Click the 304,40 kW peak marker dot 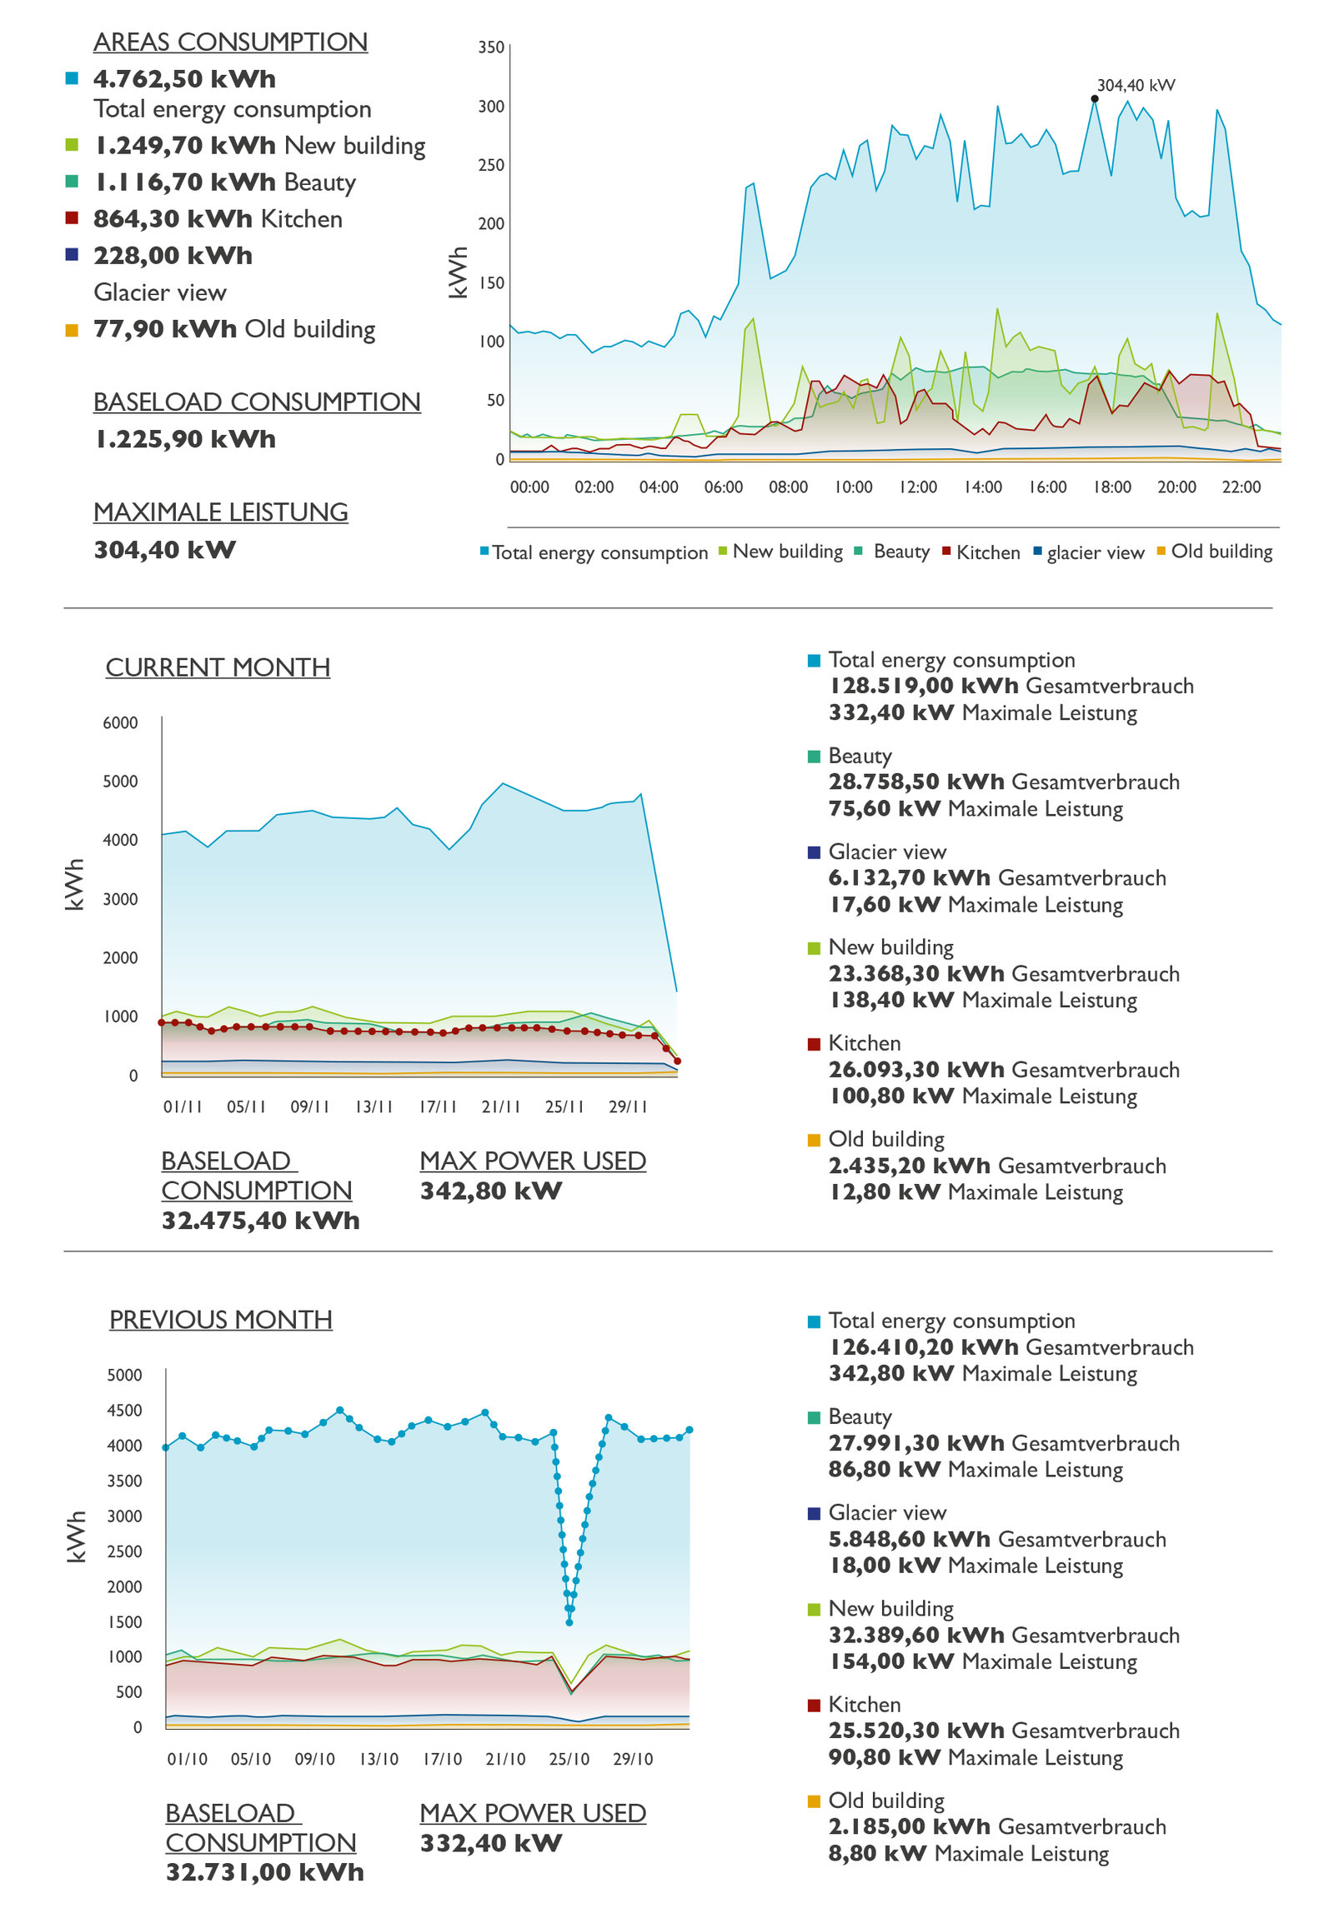(1094, 98)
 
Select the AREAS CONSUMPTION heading (230, 42)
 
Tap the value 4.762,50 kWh (184, 78)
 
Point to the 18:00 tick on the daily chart (1111, 487)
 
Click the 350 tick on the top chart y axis (490, 47)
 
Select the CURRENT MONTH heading (218, 667)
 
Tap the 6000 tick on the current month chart (120, 722)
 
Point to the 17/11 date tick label (438, 1106)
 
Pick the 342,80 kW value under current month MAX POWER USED (490, 1191)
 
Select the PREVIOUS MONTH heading (221, 1319)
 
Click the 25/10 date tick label (569, 1758)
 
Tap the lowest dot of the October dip (569, 1622)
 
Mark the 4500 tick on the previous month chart (124, 1410)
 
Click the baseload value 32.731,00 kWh (264, 1872)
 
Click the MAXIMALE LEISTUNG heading (221, 512)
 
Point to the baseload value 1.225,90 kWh (184, 438)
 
